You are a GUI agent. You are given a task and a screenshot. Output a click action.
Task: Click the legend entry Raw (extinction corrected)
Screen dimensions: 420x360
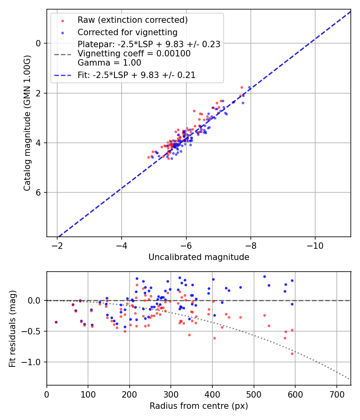tap(132, 20)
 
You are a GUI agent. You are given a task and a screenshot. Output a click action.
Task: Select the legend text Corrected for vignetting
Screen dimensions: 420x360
tap(127, 32)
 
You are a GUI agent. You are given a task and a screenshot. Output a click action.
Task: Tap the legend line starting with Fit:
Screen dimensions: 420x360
tap(136, 75)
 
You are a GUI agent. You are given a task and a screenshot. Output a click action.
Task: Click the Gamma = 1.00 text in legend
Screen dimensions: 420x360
tap(109, 63)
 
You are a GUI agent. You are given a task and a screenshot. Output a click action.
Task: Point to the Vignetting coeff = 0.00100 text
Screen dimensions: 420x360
tap(134, 54)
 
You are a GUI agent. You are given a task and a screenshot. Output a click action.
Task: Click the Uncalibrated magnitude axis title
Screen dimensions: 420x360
tap(199, 257)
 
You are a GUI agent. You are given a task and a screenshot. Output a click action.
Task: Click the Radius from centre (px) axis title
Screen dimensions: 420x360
tap(199, 406)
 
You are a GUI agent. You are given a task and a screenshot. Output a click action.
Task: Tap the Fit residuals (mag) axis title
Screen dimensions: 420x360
tap(12, 328)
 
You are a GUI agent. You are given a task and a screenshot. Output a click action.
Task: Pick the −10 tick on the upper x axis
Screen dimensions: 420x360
tap(315, 245)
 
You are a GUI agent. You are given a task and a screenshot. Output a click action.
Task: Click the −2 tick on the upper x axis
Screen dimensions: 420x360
tap(57, 245)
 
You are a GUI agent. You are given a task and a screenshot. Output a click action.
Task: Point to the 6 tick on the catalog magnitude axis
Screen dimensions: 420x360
tap(39, 192)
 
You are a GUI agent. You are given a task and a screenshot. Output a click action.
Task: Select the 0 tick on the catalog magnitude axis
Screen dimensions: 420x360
tap(39, 43)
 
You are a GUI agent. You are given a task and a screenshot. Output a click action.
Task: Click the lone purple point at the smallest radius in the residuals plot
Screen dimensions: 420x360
tap(56, 322)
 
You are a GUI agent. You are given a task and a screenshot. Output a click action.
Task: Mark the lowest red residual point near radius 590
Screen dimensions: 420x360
tap(292, 354)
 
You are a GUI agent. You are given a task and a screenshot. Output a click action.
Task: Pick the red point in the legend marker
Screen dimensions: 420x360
tap(62, 20)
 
